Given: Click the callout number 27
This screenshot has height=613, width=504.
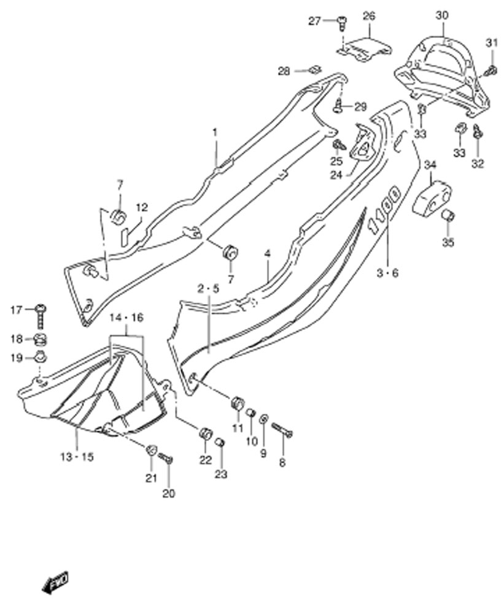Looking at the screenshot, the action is pos(314,21).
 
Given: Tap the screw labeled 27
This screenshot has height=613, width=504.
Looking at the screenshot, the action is pos(342,22).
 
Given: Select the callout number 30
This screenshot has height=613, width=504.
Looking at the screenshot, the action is pos(442,16).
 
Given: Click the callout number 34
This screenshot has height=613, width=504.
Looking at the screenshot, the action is pos(430,166).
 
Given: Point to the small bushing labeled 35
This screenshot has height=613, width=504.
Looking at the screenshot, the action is pos(448,215).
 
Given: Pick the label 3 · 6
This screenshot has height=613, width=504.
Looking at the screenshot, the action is pos(387,273).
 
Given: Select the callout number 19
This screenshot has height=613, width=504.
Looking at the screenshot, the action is pos(17,358).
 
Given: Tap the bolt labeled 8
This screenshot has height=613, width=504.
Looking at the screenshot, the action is pos(282,430).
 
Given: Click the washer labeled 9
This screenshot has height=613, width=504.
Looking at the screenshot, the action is pos(264,419).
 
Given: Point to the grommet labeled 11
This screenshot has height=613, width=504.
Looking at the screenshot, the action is pos(238,403).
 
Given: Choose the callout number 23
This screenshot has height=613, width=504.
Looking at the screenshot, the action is pos(221,474).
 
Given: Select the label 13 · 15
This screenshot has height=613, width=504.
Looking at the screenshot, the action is pos(77,457).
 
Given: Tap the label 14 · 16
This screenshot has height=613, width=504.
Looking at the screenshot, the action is pos(126,318).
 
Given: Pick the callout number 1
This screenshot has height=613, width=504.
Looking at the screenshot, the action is pos(215,133).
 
